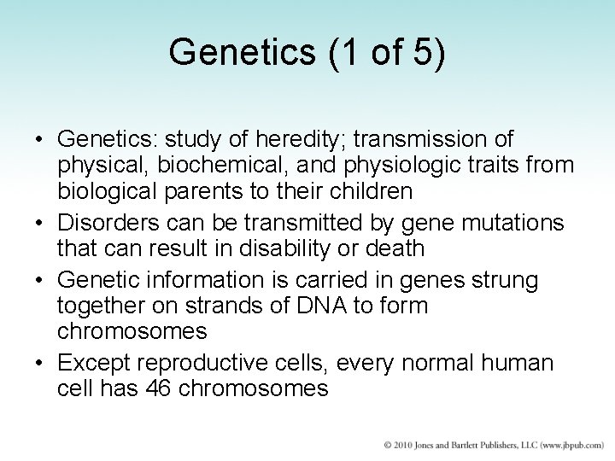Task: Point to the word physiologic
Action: [x=384, y=163]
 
